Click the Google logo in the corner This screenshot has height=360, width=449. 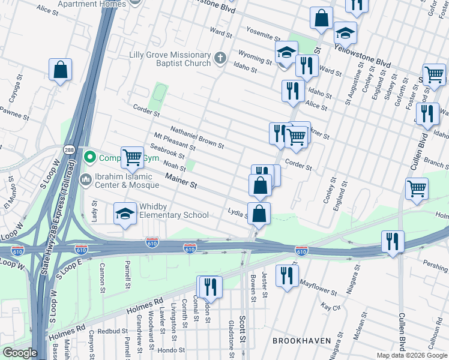(x=19, y=353)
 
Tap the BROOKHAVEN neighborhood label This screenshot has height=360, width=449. (x=301, y=340)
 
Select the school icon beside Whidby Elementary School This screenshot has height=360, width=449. (x=125, y=214)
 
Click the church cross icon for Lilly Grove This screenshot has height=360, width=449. (x=220, y=58)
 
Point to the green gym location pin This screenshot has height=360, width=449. (x=90, y=158)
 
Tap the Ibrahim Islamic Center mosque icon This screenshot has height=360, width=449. (x=85, y=179)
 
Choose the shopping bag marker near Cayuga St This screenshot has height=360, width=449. (x=61, y=70)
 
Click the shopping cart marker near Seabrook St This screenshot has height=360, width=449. (x=133, y=158)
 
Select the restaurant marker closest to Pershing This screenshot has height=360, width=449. (x=393, y=242)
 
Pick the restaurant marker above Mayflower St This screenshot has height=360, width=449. (x=288, y=275)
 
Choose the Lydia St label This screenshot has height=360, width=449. (x=237, y=211)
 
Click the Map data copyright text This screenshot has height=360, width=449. (x=412, y=355)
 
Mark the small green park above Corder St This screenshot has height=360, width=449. (x=159, y=93)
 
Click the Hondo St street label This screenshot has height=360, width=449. (x=173, y=350)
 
